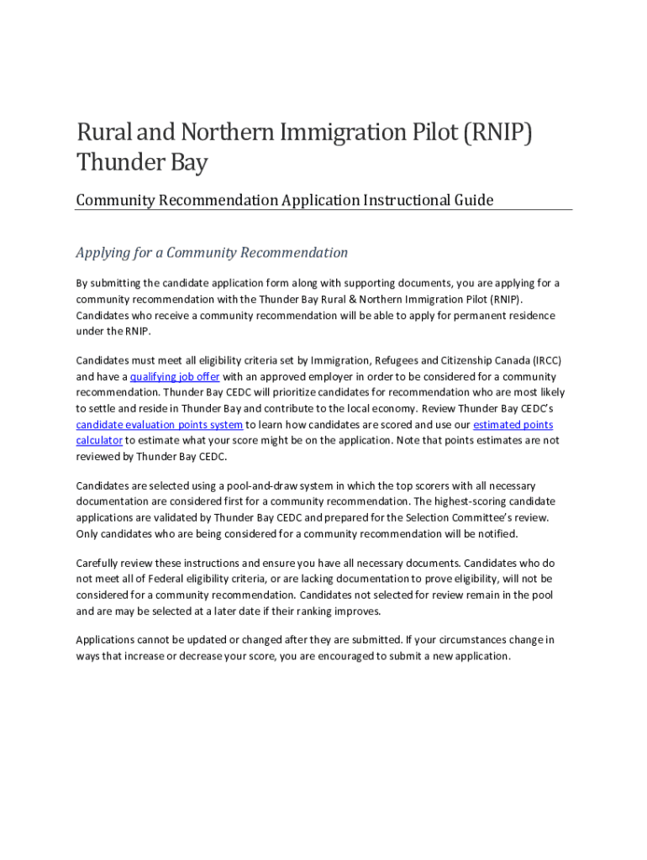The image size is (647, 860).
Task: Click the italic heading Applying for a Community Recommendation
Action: pos(212,253)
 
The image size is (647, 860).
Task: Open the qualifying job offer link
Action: pos(175,377)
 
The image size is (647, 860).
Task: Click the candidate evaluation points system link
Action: pos(160,425)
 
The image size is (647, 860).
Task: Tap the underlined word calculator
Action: pos(99,440)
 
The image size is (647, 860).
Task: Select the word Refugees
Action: pos(394,361)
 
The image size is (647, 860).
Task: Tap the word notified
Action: pos(497,533)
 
